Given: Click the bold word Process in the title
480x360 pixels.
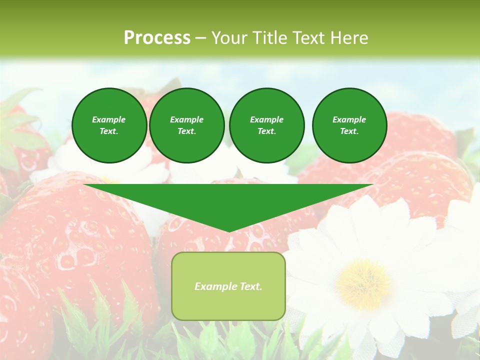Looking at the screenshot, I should [x=157, y=38].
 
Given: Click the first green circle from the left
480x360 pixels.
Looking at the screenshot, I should [x=109, y=125].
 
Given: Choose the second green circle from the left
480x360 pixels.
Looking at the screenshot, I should [x=186, y=125].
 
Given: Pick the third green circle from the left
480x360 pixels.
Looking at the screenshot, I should [x=266, y=125].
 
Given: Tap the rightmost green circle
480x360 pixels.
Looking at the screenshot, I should [x=349, y=125].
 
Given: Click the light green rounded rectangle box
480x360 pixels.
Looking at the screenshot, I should [x=228, y=286].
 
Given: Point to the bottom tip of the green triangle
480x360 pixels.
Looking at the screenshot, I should [x=229, y=231].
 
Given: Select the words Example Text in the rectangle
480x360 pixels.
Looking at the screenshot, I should [x=228, y=286].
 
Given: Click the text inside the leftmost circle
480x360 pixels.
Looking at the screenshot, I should [x=109, y=125].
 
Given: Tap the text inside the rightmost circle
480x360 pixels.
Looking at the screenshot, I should [x=349, y=125].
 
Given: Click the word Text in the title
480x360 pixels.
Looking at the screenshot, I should [x=307, y=38].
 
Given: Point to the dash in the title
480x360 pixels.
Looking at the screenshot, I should [x=200, y=38].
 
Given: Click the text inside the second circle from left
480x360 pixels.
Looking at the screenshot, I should [x=186, y=125].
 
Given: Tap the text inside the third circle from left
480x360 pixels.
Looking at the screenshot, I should [x=266, y=125].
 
